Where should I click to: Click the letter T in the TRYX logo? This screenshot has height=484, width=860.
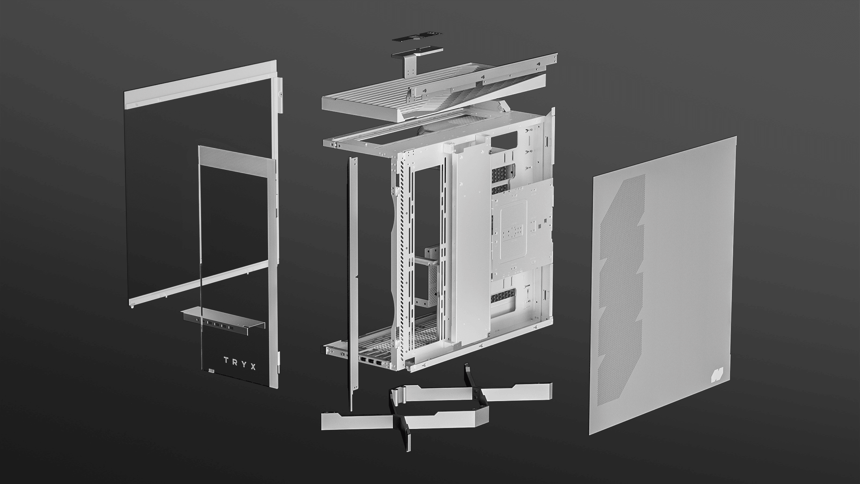(227, 359)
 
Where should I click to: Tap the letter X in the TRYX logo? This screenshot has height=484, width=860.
(253, 367)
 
